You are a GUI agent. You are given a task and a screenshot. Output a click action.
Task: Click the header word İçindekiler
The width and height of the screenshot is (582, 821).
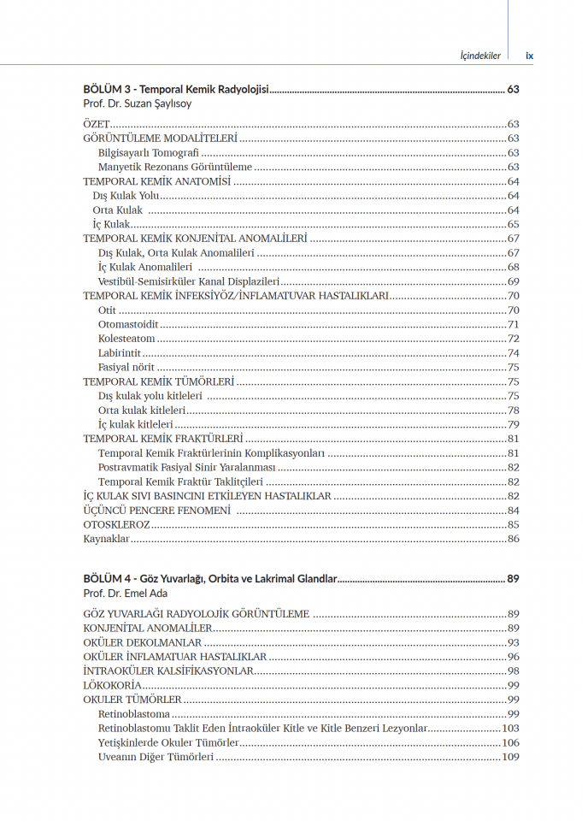click(x=479, y=56)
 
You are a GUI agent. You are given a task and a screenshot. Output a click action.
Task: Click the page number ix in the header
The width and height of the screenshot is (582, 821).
click(x=529, y=56)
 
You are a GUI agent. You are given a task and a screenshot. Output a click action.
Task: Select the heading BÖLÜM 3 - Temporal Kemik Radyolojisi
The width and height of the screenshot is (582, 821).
click(x=176, y=89)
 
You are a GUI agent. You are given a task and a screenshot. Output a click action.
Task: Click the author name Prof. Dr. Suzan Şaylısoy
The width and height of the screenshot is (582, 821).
click(x=138, y=103)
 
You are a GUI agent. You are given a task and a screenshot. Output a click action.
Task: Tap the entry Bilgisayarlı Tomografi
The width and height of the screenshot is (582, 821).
click(x=149, y=152)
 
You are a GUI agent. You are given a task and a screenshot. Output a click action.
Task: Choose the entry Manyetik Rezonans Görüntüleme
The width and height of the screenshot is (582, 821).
click(x=175, y=167)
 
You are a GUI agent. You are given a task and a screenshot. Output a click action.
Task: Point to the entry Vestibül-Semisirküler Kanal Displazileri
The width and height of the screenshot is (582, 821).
click(x=189, y=281)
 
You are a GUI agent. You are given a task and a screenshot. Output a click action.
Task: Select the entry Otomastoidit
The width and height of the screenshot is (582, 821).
click(x=128, y=324)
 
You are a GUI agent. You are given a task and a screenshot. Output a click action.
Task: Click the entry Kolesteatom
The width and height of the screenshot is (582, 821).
click(x=126, y=339)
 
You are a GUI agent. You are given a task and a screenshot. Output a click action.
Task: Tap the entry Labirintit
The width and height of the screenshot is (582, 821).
click(x=120, y=353)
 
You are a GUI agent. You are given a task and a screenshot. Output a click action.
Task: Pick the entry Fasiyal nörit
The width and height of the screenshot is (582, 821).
click(x=126, y=367)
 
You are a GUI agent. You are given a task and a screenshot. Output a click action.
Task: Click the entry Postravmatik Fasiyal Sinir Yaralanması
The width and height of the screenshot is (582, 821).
click(x=187, y=467)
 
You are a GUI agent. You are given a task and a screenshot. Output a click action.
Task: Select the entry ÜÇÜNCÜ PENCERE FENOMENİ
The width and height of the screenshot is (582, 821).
click(x=157, y=511)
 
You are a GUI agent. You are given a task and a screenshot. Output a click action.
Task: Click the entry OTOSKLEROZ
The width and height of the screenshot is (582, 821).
click(x=116, y=524)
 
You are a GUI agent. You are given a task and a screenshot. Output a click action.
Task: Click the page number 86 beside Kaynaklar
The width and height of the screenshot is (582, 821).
click(x=513, y=539)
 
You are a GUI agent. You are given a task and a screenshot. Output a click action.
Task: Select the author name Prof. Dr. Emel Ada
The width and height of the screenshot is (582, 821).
click(x=126, y=593)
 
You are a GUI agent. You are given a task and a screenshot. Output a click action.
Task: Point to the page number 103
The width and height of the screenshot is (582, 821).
click(x=510, y=729)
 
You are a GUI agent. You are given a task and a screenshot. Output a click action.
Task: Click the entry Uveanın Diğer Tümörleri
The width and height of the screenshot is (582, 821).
click(x=156, y=757)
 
